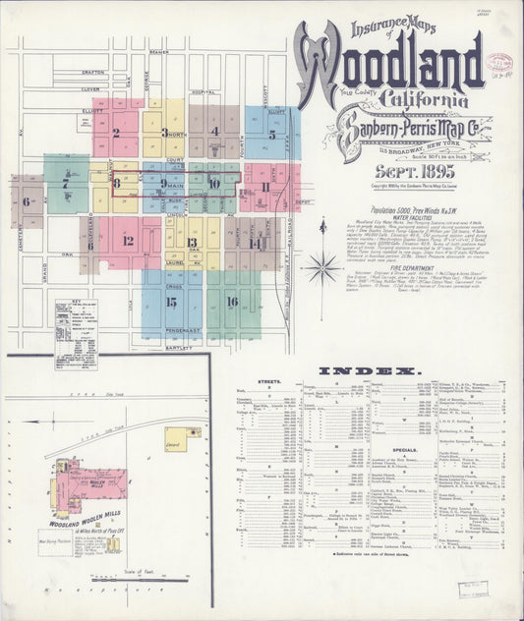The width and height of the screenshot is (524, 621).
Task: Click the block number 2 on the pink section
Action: (116, 132)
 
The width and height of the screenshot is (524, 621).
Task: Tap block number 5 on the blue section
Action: (271, 135)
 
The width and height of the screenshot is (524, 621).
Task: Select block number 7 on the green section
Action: (66, 183)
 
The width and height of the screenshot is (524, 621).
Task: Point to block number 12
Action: (128, 240)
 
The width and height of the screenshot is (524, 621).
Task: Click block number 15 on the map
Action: (171, 302)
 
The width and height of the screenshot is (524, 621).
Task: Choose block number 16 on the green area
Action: (231, 302)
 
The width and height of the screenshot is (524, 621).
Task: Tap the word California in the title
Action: (417, 98)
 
